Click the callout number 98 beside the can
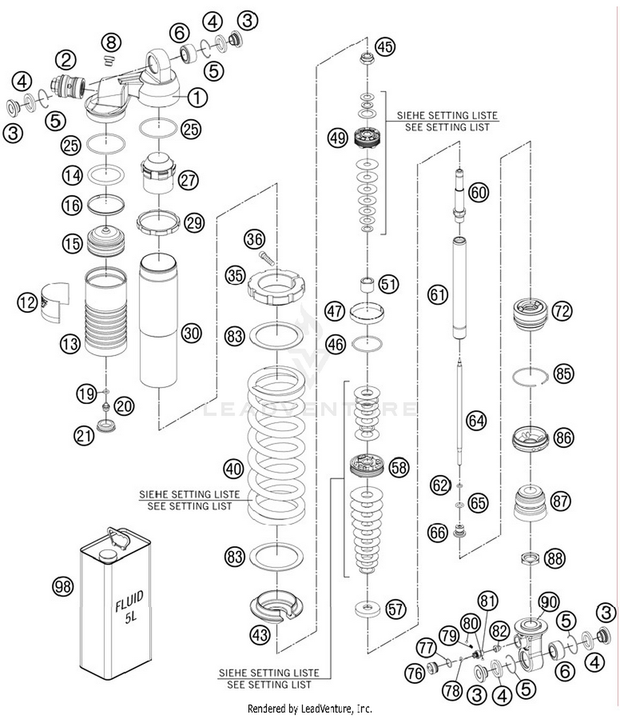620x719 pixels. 63,586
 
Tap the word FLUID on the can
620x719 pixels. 129,601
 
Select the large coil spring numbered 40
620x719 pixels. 276,443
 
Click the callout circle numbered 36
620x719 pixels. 255,239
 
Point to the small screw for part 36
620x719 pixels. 267,258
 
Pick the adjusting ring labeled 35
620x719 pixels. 276,286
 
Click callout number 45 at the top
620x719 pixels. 385,47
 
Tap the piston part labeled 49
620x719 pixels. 367,137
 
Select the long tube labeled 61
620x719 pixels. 459,288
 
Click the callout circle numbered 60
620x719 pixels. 479,193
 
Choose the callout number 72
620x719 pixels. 562,311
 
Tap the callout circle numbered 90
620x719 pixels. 549,602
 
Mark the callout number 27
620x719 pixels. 188,181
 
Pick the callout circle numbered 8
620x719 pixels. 111,43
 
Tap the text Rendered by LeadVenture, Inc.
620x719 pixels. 310,709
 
